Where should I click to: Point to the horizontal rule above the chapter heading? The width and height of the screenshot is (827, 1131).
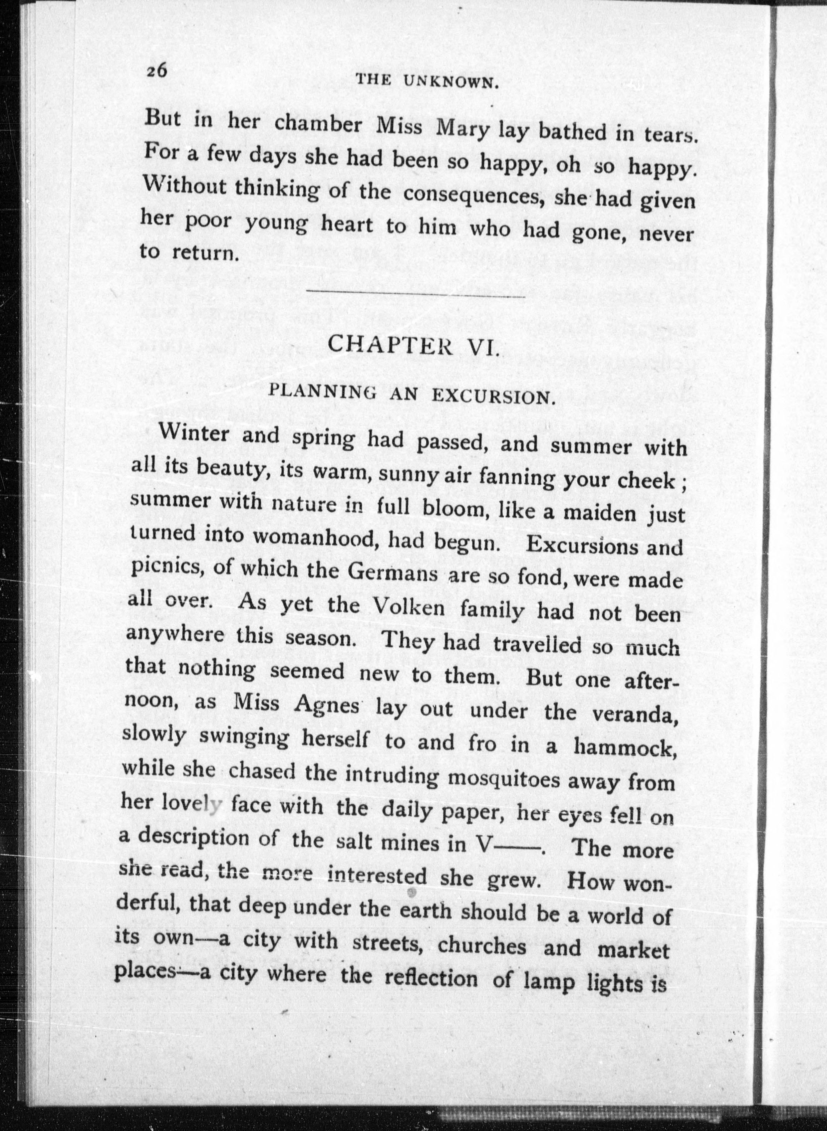[x=415, y=294]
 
